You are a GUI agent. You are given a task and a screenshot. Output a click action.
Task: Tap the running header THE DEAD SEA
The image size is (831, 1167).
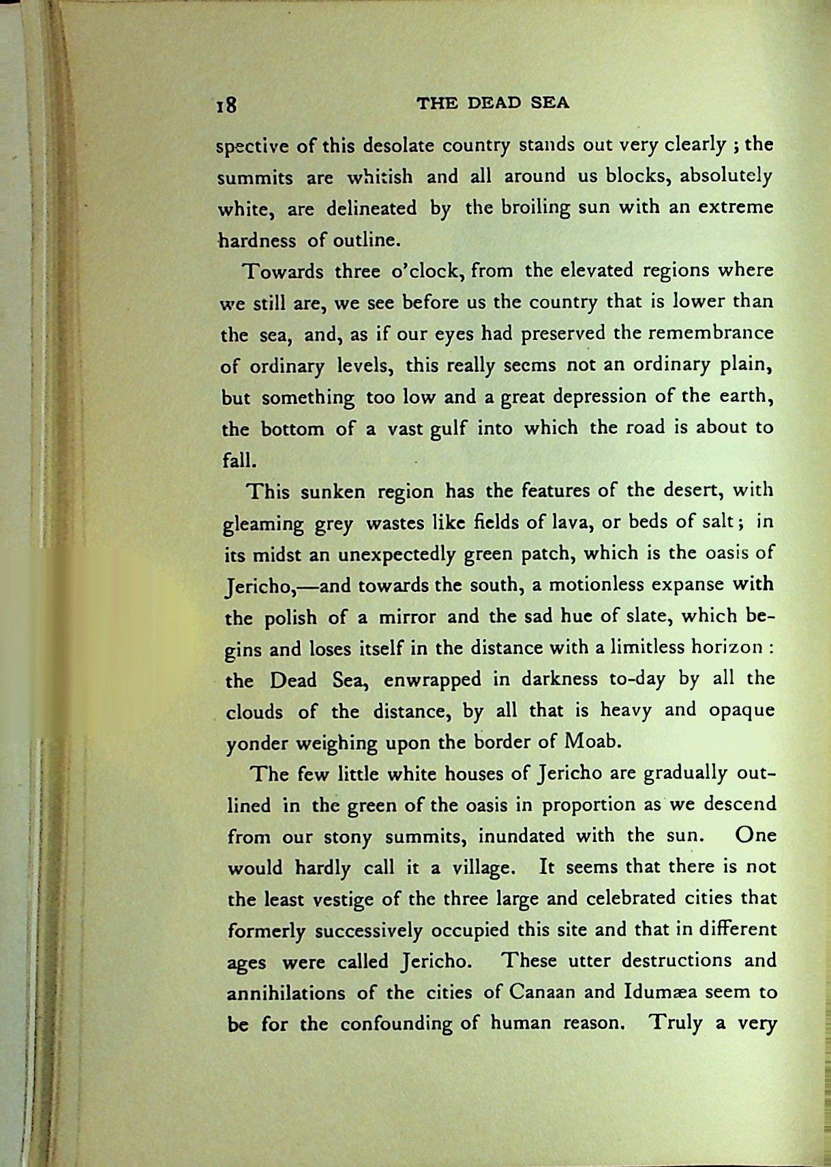(492, 104)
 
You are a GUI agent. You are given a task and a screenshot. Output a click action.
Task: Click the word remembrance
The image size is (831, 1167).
(710, 332)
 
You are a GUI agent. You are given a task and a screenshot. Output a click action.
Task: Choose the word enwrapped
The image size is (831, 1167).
(432, 680)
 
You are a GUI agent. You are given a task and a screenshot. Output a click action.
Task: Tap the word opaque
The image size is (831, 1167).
(742, 711)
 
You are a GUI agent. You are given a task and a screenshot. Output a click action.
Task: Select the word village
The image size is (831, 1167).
(484, 869)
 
